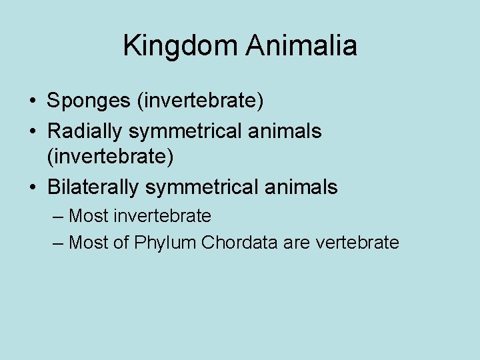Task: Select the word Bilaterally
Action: pyautogui.click(x=93, y=188)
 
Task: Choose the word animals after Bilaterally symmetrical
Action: pyautogui.click(x=305, y=188)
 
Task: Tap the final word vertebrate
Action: pyautogui.click(x=358, y=243)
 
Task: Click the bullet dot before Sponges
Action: pyautogui.click(x=32, y=102)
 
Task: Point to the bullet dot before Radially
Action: pyautogui.click(x=32, y=132)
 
